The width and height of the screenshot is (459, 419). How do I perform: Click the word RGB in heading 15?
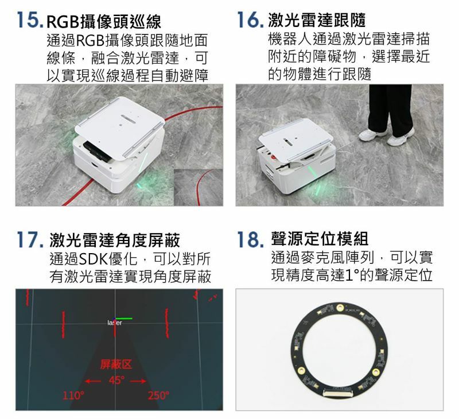pyautogui.click(x=63, y=22)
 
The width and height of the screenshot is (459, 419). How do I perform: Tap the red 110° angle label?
pyautogui.click(x=73, y=395)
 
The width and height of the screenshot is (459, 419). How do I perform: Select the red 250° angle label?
pyautogui.click(x=158, y=395)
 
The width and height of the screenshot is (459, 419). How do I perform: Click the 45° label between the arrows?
pyautogui.click(x=116, y=380)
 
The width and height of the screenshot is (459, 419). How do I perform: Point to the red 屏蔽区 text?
pyautogui.click(x=116, y=364)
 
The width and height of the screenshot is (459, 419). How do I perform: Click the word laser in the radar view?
pyautogui.click(x=114, y=323)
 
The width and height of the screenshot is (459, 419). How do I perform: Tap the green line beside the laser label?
pyautogui.click(x=124, y=319)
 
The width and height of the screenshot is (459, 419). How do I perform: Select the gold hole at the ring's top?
pyautogui.click(x=340, y=308)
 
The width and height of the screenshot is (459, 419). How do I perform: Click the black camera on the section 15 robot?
pyautogui.click(x=97, y=151)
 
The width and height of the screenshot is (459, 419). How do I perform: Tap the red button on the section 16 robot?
pyautogui.click(x=273, y=157)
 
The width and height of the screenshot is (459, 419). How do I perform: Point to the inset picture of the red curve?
pyautogui.click(x=198, y=187)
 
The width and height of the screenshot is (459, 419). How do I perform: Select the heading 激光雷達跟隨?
pyautogui.click(x=317, y=20)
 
